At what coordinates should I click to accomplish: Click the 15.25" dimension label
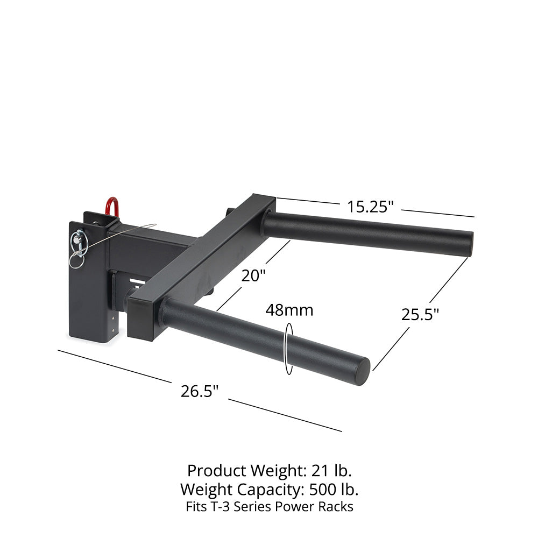[370, 206]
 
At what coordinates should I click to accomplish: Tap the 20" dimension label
[253, 275]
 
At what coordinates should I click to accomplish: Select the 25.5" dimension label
[420, 314]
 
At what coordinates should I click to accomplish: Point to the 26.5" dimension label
[200, 391]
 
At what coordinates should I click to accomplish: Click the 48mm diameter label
[289, 310]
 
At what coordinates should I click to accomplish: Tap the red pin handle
[112, 207]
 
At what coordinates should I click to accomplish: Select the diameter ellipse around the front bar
[289, 349]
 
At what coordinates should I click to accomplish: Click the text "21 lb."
[331, 471]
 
